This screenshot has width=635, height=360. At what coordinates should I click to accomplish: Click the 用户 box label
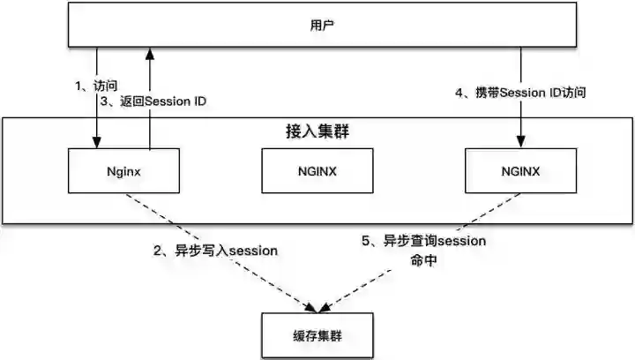click(x=317, y=25)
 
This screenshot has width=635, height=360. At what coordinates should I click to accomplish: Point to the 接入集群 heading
click(x=316, y=131)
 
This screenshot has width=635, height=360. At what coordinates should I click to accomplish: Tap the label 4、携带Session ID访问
click(x=519, y=92)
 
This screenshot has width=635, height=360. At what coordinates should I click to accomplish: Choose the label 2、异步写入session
click(x=216, y=251)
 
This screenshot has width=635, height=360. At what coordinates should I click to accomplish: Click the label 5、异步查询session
click(x=423, y=240)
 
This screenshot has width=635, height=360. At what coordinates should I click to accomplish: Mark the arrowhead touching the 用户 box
click(x=152, y=55)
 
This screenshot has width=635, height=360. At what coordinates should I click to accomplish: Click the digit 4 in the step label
click(x=458, y=92)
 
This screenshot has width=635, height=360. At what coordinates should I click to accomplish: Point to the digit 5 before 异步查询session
click(x=367, y=240)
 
